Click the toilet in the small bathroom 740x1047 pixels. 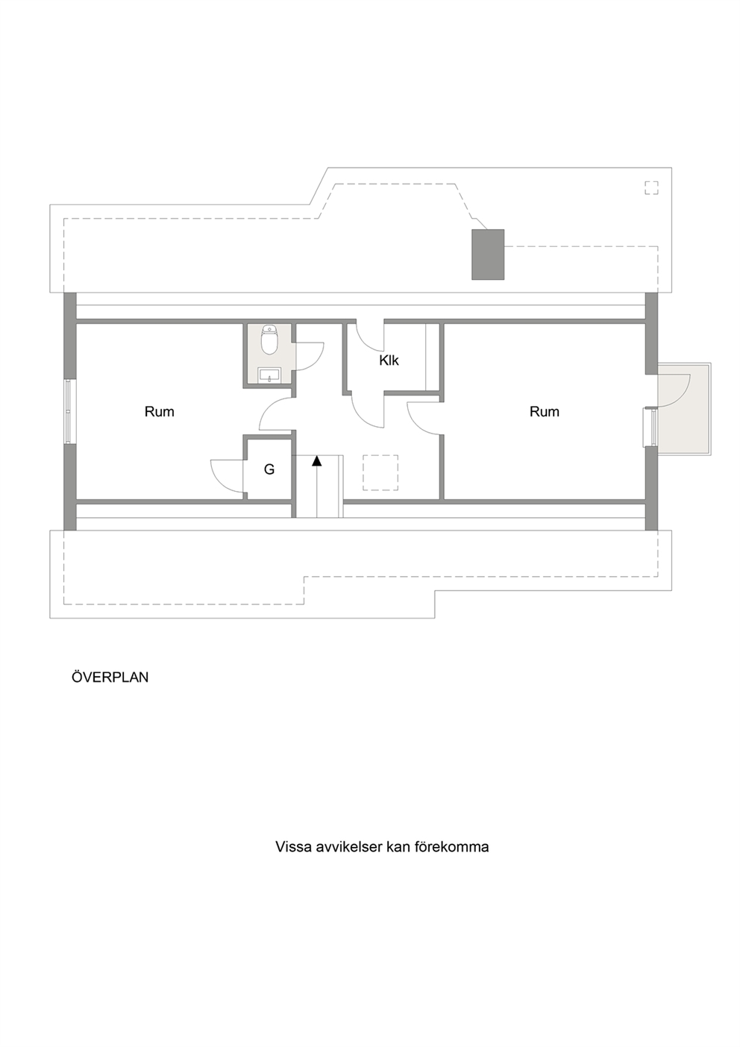pos(269,340)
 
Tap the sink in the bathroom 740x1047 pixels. pos(269,375)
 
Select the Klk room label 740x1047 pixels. pos(389,360)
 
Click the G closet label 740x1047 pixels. pos(269,469)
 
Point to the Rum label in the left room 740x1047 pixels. pos(160,412)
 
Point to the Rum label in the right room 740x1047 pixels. pos(545,412)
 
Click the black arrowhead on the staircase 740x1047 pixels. pos(317,461)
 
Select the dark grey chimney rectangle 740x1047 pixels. pos(488,254)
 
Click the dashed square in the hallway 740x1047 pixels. pos(380,472)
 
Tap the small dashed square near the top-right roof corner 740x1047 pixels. pos(651,188)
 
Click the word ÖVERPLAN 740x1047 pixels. pos(110,678)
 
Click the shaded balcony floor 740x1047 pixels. pos(683,409)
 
